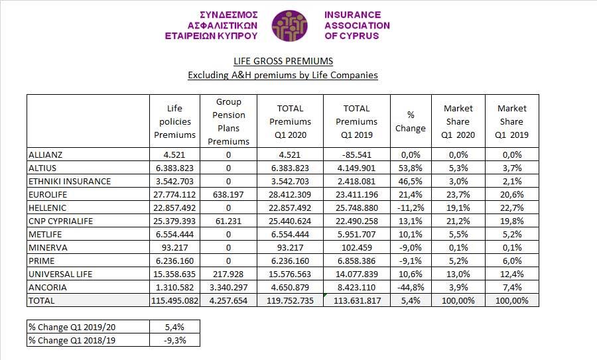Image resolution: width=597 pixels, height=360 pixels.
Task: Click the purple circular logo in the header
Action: (x=290, y=26)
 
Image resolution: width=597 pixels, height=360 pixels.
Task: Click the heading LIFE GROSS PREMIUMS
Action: (x=283, y=60)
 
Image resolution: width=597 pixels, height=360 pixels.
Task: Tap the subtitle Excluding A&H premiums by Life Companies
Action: (x=283, y=75)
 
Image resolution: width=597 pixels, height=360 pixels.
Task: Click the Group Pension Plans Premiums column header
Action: (x=228, y=121)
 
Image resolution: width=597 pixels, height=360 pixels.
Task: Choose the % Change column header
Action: (x=410, y=121)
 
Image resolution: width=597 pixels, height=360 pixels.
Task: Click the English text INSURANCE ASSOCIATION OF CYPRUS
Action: (x=357, y=25)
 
